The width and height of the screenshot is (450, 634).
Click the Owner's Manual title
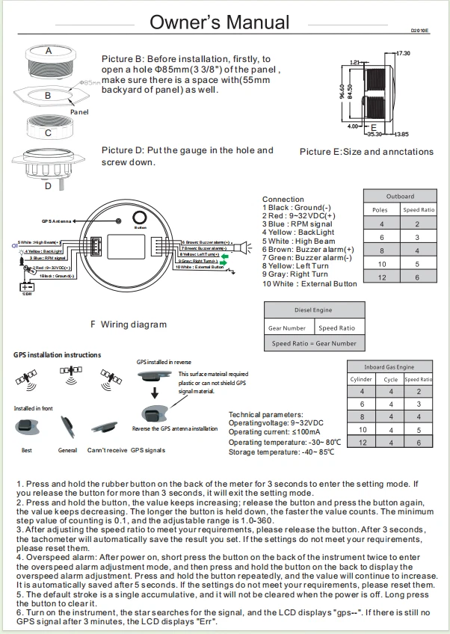(224, 22)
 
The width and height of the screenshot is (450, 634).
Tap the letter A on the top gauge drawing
(48, 52)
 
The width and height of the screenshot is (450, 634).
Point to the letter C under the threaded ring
(48, 133)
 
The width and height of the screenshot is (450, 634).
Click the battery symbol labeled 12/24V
(27, 287)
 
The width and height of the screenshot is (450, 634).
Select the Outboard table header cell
(400, 197)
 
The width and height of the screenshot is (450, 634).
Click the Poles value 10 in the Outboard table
(382, 264)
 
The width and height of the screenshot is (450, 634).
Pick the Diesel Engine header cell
(312, 310)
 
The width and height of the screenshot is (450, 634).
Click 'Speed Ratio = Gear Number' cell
(314, 343)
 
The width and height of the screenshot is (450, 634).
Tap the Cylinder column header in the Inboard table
(361, 379)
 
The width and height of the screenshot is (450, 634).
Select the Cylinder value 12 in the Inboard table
(361, 442)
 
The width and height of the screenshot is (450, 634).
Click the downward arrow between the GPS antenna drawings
(155, 393)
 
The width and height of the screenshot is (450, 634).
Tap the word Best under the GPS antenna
(27, 450)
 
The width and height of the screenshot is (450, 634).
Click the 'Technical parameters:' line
(265, 414)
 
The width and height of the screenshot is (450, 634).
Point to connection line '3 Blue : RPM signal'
(298, 224)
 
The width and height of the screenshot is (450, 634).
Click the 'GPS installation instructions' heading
(57, 354)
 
